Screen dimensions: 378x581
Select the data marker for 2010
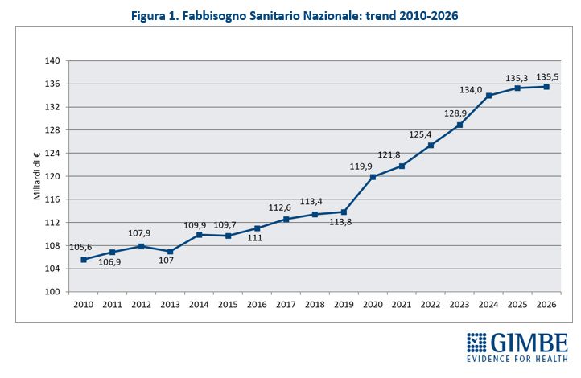click(x=84, y=259)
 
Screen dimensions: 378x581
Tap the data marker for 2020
click(x=373, y=177)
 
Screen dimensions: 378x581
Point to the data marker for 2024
click(x=488, y=96)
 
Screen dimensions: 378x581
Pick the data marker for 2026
click(x=546, y=87)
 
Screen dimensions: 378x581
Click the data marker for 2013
click(x=171, y=251)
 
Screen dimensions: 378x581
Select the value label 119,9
click(x=361, y=166)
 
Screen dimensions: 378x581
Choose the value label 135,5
click(x=546, y=76)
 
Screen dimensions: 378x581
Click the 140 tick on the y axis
click(x=52, y=61)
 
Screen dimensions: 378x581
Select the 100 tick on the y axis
click(x=52, y=292)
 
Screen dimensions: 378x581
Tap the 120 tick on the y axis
click(x=52, y=176)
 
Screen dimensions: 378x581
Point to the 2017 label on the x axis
click(x=286, y=306)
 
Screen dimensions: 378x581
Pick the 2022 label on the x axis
click(x=431, y=306)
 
